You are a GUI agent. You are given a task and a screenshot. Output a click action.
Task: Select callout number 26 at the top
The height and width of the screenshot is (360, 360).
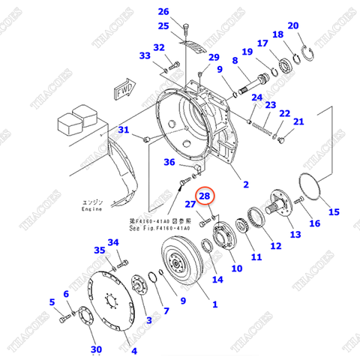point(163,11)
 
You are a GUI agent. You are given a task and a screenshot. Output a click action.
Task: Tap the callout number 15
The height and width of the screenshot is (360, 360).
point(334,211)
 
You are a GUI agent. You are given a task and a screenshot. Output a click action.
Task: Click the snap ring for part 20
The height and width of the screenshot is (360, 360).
point(307,55)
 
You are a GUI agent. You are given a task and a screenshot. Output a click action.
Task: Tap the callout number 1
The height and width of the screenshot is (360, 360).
point(214,304)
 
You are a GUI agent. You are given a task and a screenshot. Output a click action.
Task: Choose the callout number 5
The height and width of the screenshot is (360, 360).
point(52,302)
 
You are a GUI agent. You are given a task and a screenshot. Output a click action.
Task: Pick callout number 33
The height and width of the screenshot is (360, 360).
point(145,55)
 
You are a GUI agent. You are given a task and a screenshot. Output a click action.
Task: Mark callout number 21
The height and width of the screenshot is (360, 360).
point(298,121)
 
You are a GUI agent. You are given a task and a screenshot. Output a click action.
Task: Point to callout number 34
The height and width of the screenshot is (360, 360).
point(113,242)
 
